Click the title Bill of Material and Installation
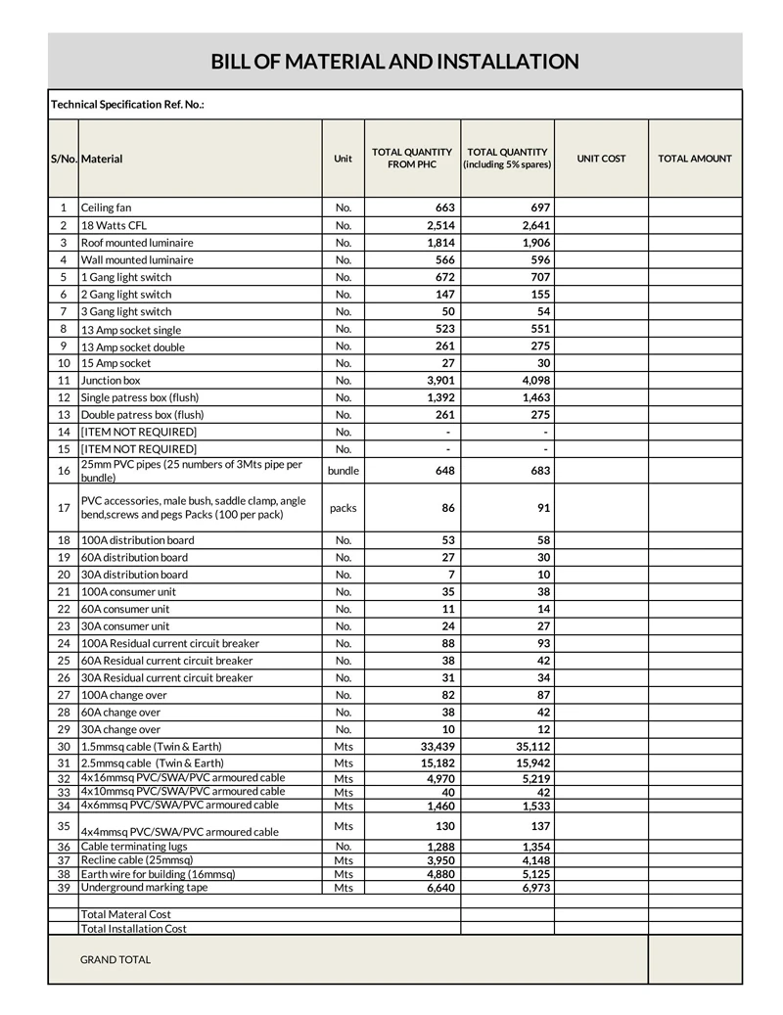(394, 62)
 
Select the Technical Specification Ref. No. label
(127, 104)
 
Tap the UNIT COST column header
(601, 159)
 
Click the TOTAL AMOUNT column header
(694, 159)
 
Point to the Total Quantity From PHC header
(412, 159)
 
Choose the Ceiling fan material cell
(106, 208)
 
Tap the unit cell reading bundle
(343, 471)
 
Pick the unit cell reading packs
(343, 508)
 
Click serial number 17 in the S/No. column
(64, 508)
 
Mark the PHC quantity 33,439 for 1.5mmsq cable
(432, 746)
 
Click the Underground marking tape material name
(144, 887)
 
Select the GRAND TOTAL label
(115, 959)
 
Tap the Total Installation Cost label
(133, 928)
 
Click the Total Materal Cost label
(125, 914)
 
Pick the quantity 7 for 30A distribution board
(451, 575)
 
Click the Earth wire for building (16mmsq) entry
(158, 873)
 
